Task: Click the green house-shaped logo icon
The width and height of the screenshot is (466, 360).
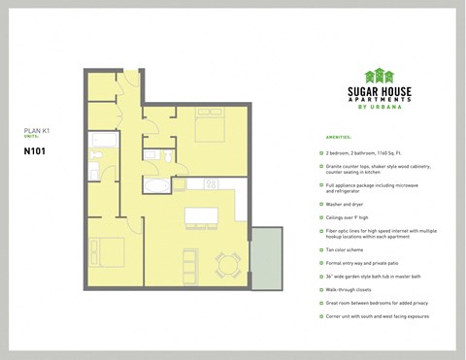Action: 379,76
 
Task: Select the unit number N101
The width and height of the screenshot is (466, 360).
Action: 36,150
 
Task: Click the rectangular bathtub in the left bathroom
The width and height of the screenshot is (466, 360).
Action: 101,143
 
